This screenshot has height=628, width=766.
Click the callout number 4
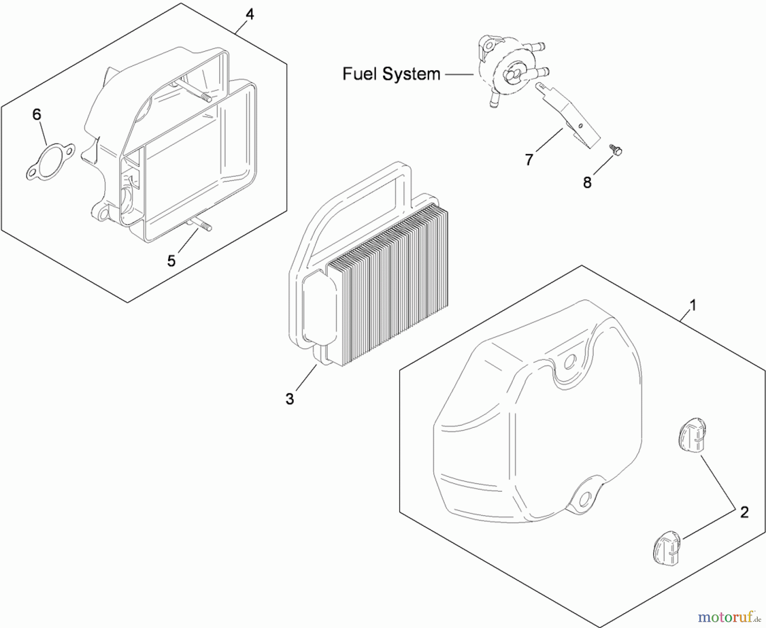pyautogui.click(x=250, y=15)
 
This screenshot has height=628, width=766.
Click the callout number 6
pyautogui.click(x=37, y=115)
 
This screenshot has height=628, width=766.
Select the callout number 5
pyautogui.click(x=171, y=261)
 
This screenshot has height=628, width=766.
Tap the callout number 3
pyautogui.click(x=290, y=399)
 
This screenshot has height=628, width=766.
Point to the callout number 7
pyautogui.click(x=529, y=160)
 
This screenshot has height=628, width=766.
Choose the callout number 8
pyautogui.click(x=587, y=183)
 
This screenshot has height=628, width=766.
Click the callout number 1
pyautogui.click(x=693, y=305)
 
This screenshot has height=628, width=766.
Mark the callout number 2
pyautogui.click(x=744, y=512)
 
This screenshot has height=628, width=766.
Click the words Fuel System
pyautogui.click(x=391, y=74)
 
